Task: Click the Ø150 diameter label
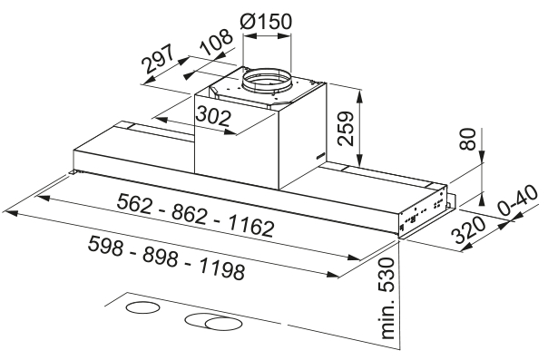[x=266, y=22]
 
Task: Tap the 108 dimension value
[x=217, y=42]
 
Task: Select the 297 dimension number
[x=158, y=58]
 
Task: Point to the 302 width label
[x=213, y=116]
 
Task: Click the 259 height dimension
[x=346, y=129]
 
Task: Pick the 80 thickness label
[x=467, y=139]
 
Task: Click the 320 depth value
[x=469, y=229]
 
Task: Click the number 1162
[x=251, y=227]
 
